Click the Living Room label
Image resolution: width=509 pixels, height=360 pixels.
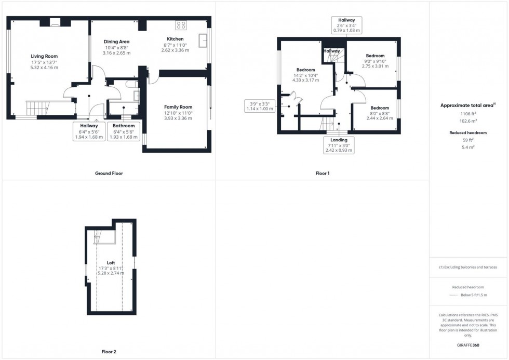[44, 56]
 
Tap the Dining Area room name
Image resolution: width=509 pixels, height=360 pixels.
[116, 42]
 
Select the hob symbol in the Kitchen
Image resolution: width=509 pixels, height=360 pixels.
[181, 25]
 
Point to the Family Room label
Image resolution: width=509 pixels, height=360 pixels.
[178, 107]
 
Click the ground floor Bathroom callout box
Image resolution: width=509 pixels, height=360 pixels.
[124, 132]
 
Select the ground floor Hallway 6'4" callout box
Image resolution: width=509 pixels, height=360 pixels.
[89, 132]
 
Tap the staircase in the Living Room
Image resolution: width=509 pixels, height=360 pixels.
[37, 108]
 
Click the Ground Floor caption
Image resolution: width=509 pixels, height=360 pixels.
[109, 174]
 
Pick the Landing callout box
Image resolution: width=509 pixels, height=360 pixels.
[339, 145]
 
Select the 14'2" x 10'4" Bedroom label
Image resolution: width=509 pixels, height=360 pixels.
[306, 70]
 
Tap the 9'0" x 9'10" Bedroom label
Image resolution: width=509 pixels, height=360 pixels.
[375, 56]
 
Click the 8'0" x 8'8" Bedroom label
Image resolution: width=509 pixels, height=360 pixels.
[379, 108]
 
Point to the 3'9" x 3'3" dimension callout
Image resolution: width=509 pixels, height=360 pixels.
[260, 105]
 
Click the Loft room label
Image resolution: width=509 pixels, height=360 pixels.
[111, 263]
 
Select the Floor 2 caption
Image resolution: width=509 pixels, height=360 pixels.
[109, 352]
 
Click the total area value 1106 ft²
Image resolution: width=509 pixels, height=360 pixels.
[467, 113]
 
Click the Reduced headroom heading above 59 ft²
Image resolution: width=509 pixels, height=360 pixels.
[467, 132]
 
